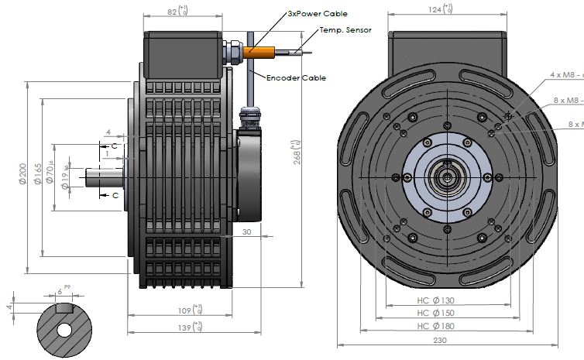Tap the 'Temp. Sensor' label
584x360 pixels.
coord(345,30)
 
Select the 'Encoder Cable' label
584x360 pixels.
coord(296,77)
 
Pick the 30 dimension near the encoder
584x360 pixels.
coord(246,231)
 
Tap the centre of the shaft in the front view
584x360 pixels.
coord(447,177)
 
